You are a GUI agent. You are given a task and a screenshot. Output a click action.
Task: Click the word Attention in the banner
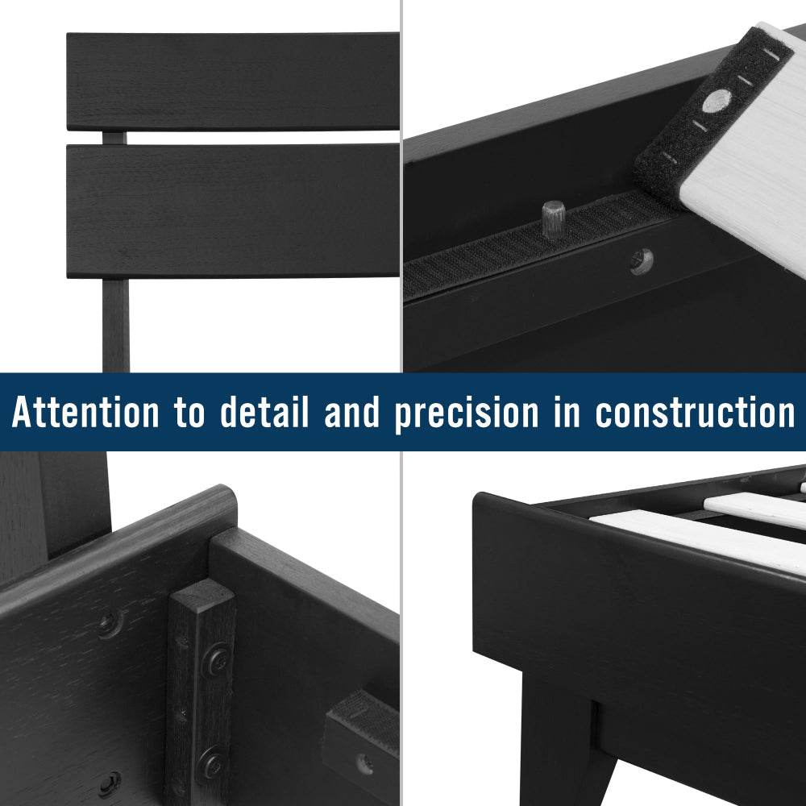(x=86, y=413)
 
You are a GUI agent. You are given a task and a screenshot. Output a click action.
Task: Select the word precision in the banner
(x=466, y=413)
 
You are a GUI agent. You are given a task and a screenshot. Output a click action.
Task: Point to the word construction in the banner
(x=695, y=413)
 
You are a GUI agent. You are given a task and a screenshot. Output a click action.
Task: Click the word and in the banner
(x=351, y=413)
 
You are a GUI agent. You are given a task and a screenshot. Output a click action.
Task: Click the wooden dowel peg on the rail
(x=553, y=218)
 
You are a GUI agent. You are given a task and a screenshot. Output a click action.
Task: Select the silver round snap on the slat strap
(x=716, y=100)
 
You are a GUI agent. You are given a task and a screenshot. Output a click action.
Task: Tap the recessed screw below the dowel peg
(x=642, y=260)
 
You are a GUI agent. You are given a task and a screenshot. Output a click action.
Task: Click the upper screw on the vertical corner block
(x=216, y=661)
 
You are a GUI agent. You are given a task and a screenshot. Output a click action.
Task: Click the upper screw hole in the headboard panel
(x=110, y=623)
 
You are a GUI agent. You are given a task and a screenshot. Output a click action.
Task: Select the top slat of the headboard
(x=232, y=81)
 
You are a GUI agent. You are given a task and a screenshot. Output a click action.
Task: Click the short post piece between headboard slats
(x=114, y=138)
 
